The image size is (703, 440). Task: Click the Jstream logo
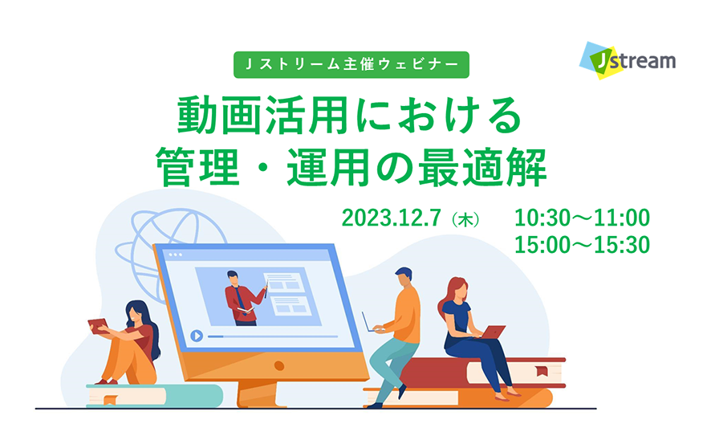click(628, 60)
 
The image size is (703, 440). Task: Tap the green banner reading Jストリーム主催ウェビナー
click(351, 64)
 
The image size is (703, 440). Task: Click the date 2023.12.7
click(392, 218)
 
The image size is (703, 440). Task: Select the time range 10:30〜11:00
click(582, 218)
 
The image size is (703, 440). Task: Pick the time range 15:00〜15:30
click(582, 245)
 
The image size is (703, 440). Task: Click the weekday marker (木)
click(465, 219)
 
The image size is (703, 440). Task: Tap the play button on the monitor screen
click(197, 336)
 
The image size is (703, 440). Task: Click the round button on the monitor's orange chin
click(278, 365)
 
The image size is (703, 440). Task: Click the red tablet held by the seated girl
click(98, 326)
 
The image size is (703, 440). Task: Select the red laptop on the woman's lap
click(494, 332)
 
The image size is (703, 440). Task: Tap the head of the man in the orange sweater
click(404, 277)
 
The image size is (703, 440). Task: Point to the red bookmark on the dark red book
click(542, 371)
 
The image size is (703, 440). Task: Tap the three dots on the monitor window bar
click(175, 255)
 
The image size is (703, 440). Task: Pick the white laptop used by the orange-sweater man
click(372, 323)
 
